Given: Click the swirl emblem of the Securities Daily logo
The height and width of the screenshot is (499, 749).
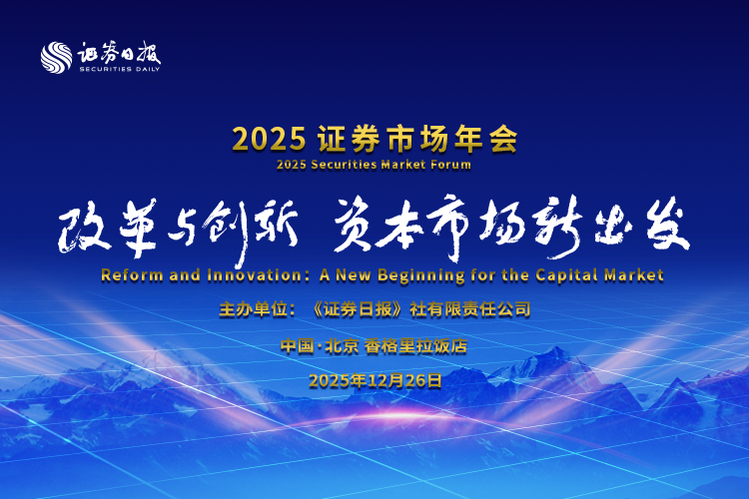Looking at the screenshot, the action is [x=56, y=58].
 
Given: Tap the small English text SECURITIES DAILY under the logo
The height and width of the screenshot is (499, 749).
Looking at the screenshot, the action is [x=120, y=69].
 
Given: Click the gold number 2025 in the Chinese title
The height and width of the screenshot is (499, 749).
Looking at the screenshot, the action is [x=269, y=140].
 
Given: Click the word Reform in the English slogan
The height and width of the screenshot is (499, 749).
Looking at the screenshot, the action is [x=132, y=275].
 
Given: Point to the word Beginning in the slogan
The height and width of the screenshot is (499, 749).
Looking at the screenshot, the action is [x=421, y=276].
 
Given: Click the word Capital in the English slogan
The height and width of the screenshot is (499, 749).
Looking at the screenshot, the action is [x=567, y=276].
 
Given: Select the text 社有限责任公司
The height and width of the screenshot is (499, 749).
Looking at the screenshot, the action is [x=470, y=309].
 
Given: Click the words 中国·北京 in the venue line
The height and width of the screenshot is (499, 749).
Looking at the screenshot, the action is [x=320, y=345].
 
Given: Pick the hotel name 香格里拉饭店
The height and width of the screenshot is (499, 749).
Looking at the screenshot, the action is [x=415, y=345].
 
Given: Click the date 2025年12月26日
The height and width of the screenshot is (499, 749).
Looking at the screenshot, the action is [x=374, y=381].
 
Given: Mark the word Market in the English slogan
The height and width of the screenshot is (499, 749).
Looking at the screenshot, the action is [x=634, y=275].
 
